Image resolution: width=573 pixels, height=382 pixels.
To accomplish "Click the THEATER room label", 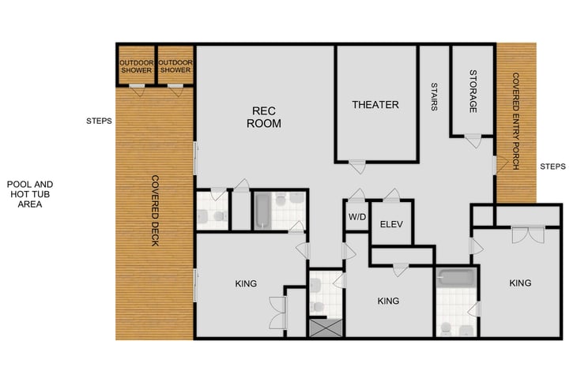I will [x=375, y=105].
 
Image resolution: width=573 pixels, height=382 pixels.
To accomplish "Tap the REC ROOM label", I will [x=264, y=117].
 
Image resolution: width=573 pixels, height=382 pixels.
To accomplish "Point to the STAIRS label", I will [x=434, y=97].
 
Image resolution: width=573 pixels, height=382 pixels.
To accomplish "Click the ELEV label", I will [x=391, y=224].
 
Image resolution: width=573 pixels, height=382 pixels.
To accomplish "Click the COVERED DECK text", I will [x=156, y=210].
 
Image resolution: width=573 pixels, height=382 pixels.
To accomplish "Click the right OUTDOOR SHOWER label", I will [x=175, y=66].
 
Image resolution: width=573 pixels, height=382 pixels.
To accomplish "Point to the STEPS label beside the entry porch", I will [x=552, y=167].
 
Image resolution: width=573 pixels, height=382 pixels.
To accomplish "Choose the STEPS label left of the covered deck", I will [x=99, y=122].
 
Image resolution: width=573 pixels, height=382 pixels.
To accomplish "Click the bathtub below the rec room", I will [x=263, y=211].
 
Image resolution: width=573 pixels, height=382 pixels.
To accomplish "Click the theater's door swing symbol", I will [x=357, y=166].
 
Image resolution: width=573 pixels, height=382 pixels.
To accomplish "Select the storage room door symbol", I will [x=472, y=140].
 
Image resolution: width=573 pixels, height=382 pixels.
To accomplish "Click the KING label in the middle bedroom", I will [x=388, y=301].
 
